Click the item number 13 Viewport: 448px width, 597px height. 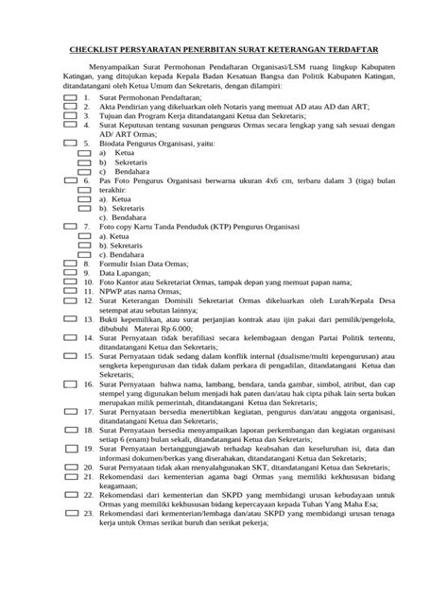87,322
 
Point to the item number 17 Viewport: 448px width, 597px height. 87,410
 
